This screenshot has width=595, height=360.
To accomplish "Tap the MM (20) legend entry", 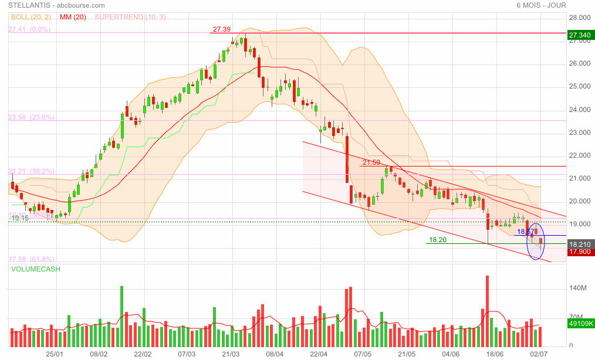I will pos(73,17).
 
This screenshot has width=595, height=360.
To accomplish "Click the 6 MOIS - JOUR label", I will pos(541,6).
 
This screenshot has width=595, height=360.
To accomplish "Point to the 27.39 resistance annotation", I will pos(222,29).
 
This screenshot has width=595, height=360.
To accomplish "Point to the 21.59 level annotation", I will pos(371,162).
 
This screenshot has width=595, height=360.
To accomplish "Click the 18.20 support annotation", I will pos(438,240).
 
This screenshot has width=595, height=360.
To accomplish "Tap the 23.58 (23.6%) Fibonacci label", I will pos(31,117).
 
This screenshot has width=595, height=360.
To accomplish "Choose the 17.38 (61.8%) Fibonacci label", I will pos(31,259).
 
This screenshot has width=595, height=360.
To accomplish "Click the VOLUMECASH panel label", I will pos(35,269).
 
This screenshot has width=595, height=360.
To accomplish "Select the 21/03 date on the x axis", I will pos(231,354).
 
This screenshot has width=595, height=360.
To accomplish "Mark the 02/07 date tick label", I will pos(539,354).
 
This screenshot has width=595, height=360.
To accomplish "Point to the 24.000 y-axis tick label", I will pos(580,110).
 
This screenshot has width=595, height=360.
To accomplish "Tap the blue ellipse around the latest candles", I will pos(536,241).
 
